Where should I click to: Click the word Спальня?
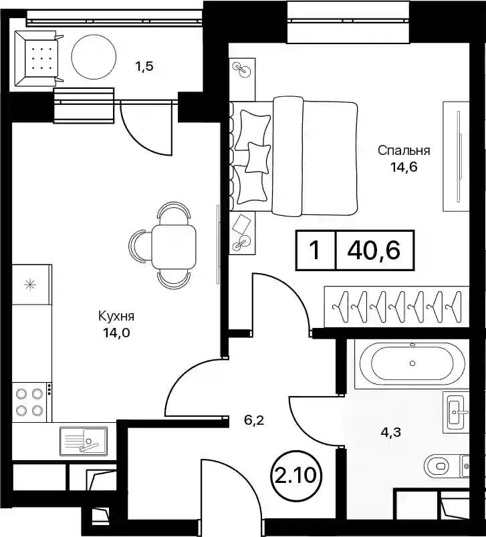pos(404,151)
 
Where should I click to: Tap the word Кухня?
pos(116,316)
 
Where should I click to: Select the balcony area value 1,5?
pos(144,66)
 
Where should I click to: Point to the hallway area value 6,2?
pos(254,420)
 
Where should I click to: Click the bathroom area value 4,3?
pos(390,433)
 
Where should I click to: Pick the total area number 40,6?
pos(374,250)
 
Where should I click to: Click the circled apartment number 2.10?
pos(295,476)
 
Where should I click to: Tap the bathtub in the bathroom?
pos(412,363)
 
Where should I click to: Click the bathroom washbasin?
pos(455,412)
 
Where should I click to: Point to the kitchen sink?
pos(84,441)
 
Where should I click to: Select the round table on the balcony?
pos(94,57)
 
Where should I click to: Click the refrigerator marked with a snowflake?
pos(32,285)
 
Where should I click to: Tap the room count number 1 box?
pos(316,250)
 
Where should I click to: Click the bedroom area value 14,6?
pos(404,168)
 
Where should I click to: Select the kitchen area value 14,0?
pos(116,333)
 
